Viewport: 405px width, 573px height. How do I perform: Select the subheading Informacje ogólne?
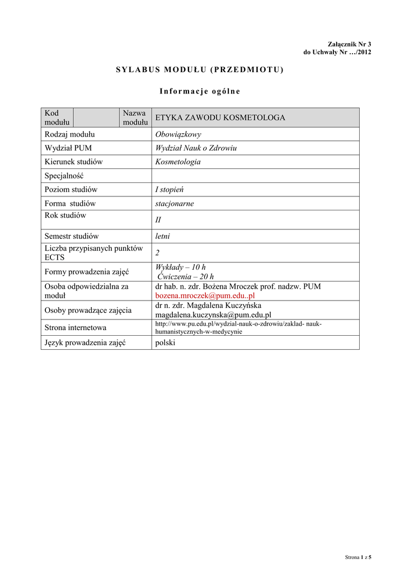click(x=200, y=91)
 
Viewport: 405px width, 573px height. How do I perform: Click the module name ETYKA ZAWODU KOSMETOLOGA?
click(x=220, y=118)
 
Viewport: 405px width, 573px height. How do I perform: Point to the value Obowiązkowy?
click(x=178, y=134)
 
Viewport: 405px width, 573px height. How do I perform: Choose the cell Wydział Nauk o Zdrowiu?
click(x=196, y=148)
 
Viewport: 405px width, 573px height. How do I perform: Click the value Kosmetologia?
click(x=177, y=162)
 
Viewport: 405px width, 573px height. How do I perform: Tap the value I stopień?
click(x=171, y=190)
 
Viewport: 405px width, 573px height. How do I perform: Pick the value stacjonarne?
click(x=174, y=204)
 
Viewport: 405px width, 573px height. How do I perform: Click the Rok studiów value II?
click(x=158, y=220)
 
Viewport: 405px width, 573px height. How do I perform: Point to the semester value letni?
click(x=162, y=236)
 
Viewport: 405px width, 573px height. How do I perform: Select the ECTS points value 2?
click(x=157, y=253)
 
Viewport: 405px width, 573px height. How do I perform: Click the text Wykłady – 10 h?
click(x=180, y=267)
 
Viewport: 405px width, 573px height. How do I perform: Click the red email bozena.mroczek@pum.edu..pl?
click(x=205, y=295)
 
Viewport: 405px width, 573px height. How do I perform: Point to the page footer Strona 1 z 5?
click(x=358, y=557)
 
